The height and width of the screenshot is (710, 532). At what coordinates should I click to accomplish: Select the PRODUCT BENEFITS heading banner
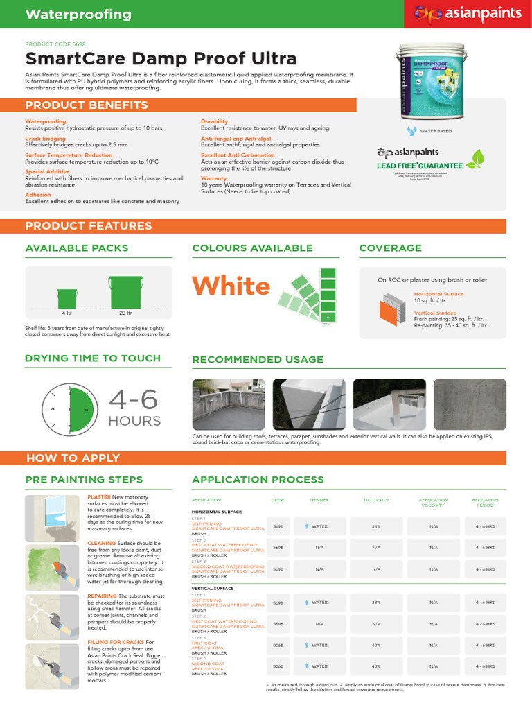[x=87, y=105]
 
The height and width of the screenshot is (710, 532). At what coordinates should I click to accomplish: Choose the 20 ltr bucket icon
[x=125, y=292]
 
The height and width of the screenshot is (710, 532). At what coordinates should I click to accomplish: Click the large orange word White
[x=231, y=286]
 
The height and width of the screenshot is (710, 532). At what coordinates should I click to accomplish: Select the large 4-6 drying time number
[x=133, y=400]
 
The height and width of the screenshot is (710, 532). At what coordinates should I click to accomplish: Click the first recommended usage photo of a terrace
[x=229, y=404]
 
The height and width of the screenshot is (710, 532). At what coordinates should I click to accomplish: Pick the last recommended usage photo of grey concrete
[x=470, y=404]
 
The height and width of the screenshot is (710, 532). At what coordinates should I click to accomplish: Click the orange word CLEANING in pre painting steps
[x=101, y=543]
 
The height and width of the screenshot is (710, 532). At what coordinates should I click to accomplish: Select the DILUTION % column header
[x=376, y=500]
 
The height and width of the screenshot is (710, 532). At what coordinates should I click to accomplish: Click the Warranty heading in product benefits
[x=213, y=178]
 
